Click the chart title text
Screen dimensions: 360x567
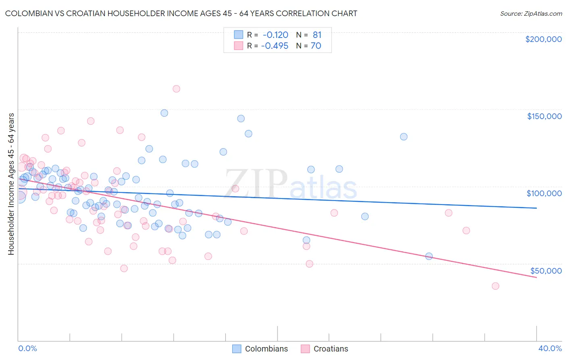(181, 13)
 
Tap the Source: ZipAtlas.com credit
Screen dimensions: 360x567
(531, 13)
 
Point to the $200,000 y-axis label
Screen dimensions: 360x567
(543, 39)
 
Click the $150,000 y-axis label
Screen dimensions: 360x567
(544, 116)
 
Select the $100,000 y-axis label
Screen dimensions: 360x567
(544, 193)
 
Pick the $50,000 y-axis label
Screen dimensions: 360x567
(546, 270)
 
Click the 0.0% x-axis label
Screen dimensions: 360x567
(27, 348)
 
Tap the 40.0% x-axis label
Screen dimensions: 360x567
(550, 348)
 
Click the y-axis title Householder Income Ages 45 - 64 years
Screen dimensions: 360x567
(11, 184)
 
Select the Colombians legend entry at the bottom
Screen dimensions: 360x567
(266, 349)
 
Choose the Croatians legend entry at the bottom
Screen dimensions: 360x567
(330, 349)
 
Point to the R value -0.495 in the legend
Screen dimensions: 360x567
(275, 46)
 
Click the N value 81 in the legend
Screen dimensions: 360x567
(317, 35)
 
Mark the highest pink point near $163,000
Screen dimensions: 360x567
(176, 89)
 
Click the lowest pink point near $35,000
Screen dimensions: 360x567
(495, 286)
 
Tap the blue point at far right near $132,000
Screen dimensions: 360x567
(404, 137)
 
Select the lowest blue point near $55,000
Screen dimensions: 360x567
(429, 256)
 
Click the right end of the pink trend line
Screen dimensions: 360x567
(536, 278)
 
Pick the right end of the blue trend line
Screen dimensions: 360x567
(536, 208)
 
